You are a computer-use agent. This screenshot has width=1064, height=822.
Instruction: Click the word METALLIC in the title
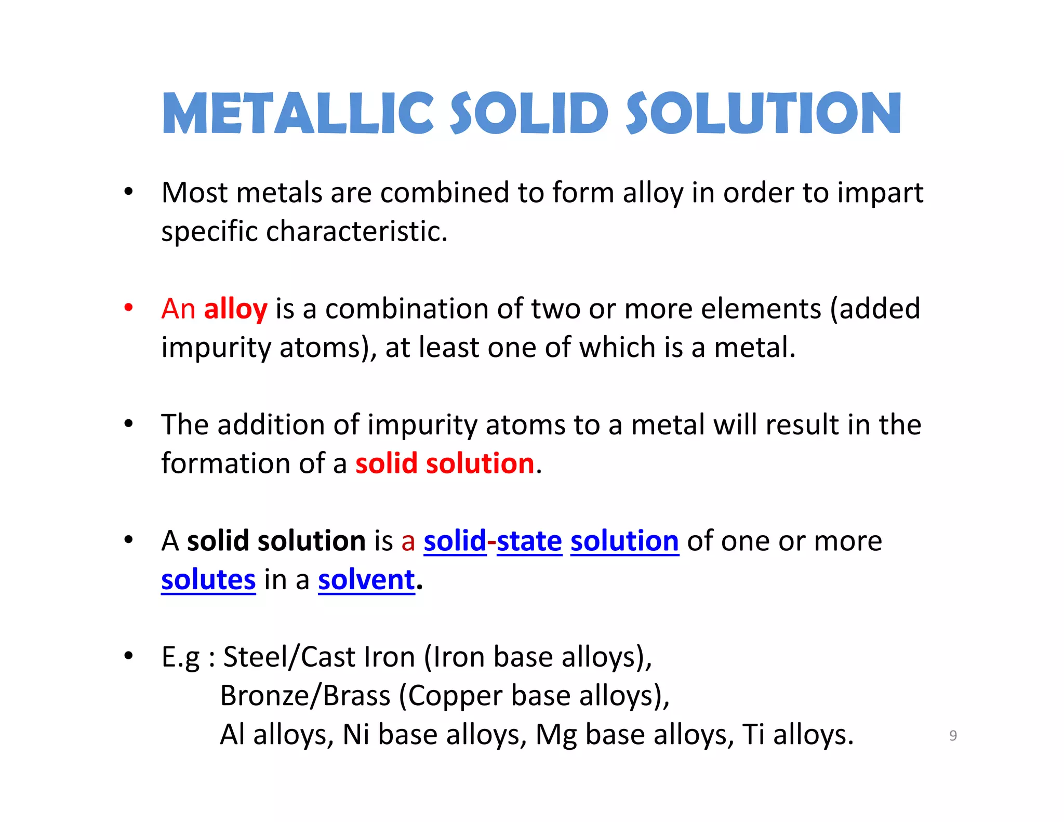(x=298, y=113)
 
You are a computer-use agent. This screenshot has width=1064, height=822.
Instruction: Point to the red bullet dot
(x=128, y=308)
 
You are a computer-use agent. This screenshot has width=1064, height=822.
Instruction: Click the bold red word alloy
(x=235, y=309)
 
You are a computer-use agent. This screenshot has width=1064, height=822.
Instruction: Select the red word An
(x=178, y=309)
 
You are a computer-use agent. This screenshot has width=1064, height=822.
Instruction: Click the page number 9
(x=953, y=736)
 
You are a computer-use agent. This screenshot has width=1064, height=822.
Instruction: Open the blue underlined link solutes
(x=208, y=580)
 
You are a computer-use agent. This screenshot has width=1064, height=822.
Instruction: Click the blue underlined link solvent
(x=366, y=580)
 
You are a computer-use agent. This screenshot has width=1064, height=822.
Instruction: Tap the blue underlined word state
(x=529, y=541)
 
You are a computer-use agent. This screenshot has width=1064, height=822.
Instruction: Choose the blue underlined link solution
(x=624, y=541)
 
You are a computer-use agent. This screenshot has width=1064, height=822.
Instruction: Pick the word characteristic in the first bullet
(x=356, y=231)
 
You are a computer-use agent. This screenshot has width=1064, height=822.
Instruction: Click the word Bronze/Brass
(x=305, y=696)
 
